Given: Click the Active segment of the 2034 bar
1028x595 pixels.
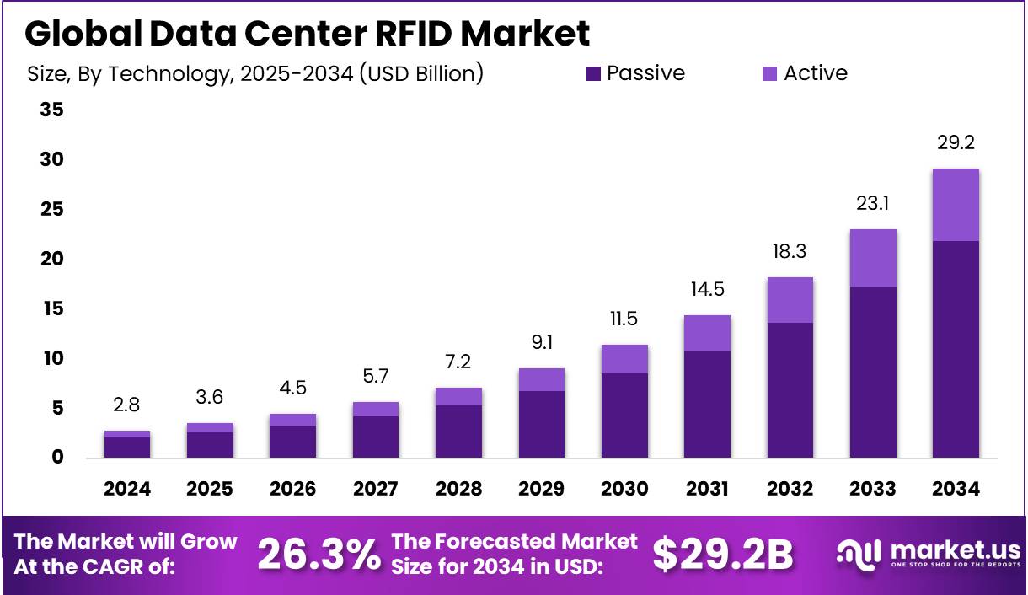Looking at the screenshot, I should point(956,205).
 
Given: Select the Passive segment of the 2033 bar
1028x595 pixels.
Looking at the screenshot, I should point(873,372).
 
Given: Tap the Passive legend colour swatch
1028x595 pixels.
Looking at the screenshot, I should point(594,74).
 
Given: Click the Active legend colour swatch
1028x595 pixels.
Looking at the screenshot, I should point(770,74).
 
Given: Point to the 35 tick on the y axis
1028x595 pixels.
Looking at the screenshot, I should point(51,110).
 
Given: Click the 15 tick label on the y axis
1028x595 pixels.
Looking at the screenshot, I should point(51,308).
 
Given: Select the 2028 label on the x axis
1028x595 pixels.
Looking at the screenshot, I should point(458,489).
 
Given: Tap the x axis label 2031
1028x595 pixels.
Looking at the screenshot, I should point(707,489).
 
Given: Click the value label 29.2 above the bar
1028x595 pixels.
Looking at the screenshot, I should point(956,142).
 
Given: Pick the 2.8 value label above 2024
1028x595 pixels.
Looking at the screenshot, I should point(126,405).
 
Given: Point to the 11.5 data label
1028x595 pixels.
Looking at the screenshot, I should point(624,319).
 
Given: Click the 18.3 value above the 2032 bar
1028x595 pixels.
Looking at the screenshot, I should point(790,251).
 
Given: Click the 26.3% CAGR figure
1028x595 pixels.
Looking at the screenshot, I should point(318,554).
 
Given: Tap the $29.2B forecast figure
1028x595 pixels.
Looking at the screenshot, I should point(723,554).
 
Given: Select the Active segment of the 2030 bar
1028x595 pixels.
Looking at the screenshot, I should point(624,359).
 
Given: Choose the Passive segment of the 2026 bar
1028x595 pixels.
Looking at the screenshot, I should point(292,442).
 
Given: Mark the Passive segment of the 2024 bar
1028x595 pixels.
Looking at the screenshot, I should point(126,448).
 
